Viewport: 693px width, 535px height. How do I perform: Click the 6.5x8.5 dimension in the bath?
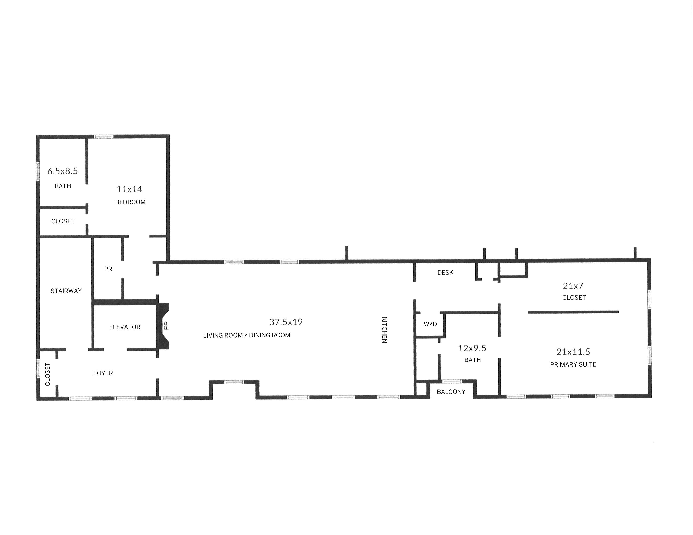(63, 171)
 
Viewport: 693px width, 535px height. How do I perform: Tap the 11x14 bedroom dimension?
(129, 189)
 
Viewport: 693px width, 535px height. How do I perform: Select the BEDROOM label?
(130, 202)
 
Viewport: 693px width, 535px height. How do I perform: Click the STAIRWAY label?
(66, 291)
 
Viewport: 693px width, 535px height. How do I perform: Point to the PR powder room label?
(108, 269)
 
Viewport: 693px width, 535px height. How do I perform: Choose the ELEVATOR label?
(125, 327)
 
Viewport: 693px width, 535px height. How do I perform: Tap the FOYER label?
(103, 373)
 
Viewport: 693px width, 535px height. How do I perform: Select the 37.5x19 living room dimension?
(286, 322)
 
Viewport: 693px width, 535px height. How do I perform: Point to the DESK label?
(445, 273)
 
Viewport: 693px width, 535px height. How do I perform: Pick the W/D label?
(430, 324)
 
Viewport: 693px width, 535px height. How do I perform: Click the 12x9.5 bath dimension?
(472, 348)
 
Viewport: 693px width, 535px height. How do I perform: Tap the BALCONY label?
(451, 392)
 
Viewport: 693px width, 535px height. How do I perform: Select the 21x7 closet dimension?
(573, 286)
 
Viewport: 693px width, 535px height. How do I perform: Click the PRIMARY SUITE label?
(573, 364)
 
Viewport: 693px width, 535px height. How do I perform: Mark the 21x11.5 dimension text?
(573, 352)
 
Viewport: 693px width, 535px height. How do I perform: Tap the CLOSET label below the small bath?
(63, 221)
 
